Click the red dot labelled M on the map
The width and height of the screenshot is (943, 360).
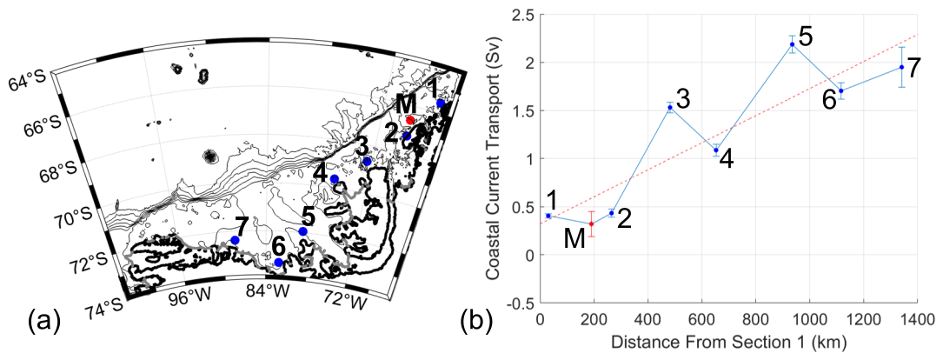click(410, 119)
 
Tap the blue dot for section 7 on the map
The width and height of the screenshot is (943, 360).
click(235, 240)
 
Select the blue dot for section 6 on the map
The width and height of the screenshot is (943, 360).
click(278, 263)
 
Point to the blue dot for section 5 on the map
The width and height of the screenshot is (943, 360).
click(303, 231)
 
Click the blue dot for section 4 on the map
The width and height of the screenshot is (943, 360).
click(335, 179)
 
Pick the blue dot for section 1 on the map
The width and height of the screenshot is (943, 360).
click(441, 103)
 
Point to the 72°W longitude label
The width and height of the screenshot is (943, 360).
click(343, 301)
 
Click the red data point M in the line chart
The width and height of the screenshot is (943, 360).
click(592, 223)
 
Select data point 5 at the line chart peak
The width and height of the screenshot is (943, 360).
click(792, 44)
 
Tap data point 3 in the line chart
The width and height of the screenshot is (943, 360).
click(670, 107)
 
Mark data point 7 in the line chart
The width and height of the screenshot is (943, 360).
click(901, 67)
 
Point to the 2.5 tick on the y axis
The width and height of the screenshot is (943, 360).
click(520, 15)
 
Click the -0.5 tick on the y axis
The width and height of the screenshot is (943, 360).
click(518, 303)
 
